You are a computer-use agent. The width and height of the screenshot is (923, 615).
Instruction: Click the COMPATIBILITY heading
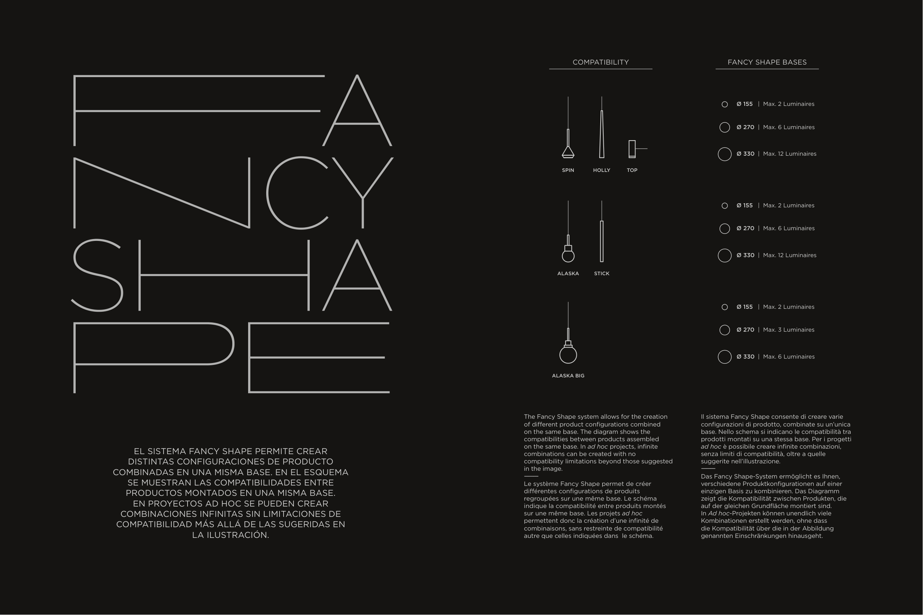click(x=600, y=62)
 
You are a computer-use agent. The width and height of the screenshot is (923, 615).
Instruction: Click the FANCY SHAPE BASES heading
click(x=767, y=62)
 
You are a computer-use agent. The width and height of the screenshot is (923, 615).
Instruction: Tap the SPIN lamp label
click(x=568, y=170)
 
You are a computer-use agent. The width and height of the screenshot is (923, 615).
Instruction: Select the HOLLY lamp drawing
click(x=601, y=135)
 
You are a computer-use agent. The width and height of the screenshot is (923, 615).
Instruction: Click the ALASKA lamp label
click(x=568, y=273)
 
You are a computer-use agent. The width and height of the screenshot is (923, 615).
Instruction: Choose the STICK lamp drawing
click(x=601, y=241)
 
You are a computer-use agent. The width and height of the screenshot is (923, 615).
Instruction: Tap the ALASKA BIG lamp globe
click(x=568, y=355)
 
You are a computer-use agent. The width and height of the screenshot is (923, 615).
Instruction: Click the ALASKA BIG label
click(x=568, y=376)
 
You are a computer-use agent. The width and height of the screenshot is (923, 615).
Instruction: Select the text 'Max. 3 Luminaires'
click(x=788, y=330)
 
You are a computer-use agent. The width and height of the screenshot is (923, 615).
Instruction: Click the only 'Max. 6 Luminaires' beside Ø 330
click(x=788, y=356)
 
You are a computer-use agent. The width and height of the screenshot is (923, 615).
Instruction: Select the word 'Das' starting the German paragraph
click(x=706, y=477)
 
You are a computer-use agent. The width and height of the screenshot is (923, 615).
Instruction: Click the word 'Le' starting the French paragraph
click(x=528, y=484)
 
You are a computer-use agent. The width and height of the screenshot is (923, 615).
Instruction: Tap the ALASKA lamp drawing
click(x=568, y=251)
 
